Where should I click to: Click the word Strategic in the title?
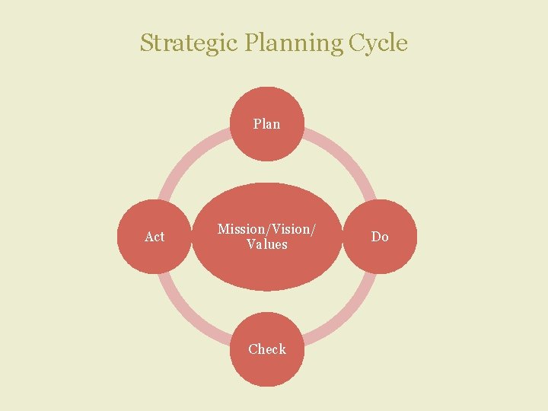(189, 43)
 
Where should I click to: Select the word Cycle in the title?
(378, 43)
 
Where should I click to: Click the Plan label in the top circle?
(266, 123)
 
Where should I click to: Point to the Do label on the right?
(380, 237)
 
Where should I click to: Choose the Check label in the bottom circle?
(267, 349)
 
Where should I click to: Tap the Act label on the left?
(155, 237)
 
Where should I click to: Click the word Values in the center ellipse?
(267, 244)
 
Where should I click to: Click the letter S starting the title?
(146, 43)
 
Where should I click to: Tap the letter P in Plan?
(257, 123)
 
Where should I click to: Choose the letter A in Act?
(148, 237)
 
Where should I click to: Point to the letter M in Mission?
(223, 229)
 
